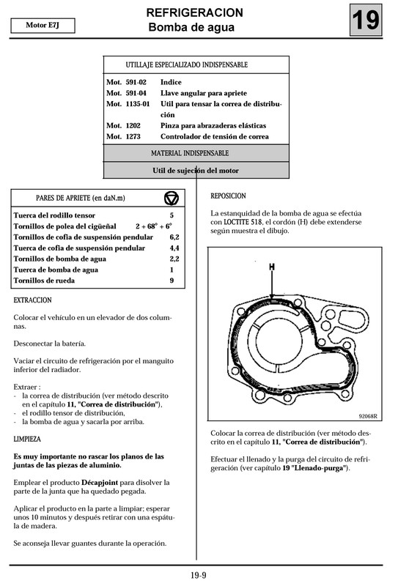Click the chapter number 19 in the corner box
(x=366, y=21)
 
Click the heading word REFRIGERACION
(x=194, y=13)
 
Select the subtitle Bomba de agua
(x=191, y=28)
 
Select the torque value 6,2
(x=174, y=237)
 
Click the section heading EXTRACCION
(x=32, y=300)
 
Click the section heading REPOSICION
(x=228, y=196)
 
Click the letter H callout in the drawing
(x=271, y=268)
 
